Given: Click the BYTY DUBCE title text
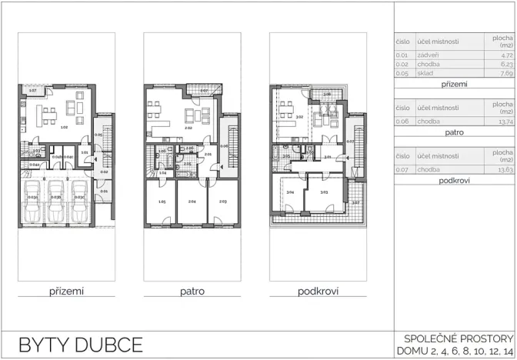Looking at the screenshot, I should coord(81,343).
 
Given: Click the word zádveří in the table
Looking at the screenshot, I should coord(428,55).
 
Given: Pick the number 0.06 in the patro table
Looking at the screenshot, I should coord(402,122).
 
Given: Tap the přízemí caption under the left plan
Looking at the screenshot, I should coord(66,292).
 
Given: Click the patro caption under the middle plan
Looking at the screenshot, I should coord(192,292).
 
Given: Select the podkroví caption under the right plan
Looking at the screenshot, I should coord(319,292).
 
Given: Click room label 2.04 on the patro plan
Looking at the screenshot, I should coord(191,202).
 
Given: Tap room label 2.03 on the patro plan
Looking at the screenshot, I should coord(222,202).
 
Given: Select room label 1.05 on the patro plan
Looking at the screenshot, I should coord(161,202).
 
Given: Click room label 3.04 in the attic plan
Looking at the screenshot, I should coord(290,192).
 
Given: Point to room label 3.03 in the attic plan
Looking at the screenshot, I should coord(324,192).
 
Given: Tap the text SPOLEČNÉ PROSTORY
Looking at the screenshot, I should coord(457,338).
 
